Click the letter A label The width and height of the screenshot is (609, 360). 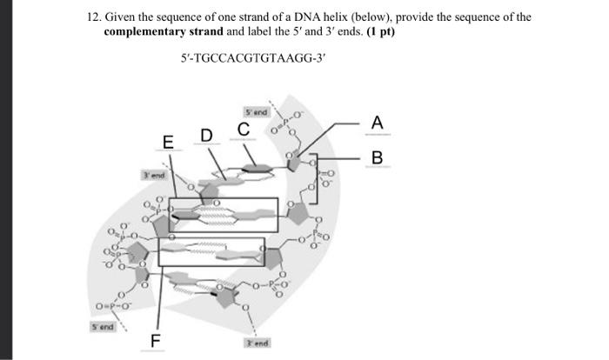377,124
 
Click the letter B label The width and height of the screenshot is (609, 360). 377,158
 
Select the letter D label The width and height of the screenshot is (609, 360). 206,136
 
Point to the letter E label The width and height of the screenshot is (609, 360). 168,143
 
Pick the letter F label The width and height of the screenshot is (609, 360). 157,338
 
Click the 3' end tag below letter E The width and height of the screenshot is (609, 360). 154,176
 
